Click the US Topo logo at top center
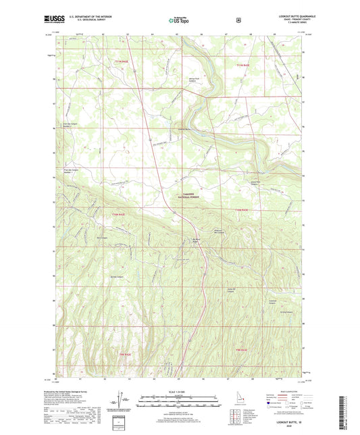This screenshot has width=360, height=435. click(180, 21)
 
